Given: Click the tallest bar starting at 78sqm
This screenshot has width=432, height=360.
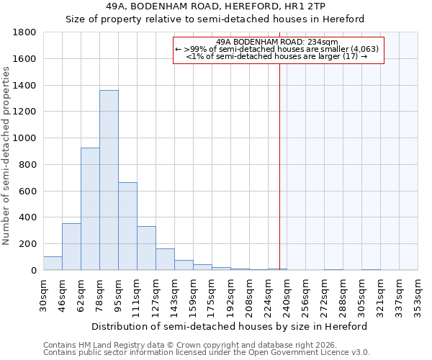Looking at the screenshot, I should [109, 180].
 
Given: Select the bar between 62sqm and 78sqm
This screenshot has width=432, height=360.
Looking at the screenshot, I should [90, 209].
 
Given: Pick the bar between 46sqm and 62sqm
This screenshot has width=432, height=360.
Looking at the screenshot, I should [71, 247].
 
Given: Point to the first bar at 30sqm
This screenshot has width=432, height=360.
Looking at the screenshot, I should [53, 264].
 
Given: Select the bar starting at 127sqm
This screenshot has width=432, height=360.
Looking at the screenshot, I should [165, 259].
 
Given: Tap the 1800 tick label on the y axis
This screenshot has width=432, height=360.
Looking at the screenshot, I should [25, 32].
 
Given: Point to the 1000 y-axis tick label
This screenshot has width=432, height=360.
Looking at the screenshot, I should [25, 138].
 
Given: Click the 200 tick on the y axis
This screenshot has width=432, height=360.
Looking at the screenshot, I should [28, 244].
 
